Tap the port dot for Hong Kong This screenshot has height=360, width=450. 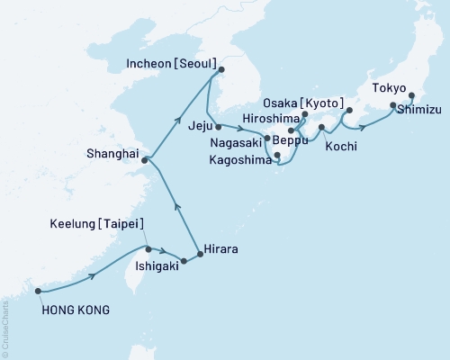[37, 291]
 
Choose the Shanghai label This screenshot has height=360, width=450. [112, 153]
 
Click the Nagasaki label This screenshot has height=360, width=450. [235, 142]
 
